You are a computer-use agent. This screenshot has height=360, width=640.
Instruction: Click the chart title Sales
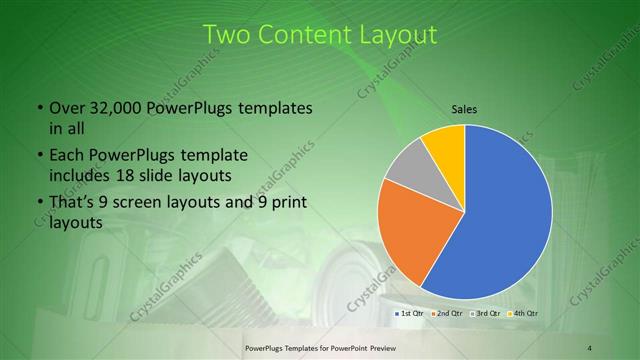[464, 109]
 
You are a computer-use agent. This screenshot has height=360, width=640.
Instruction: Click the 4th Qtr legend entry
[523, 314]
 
